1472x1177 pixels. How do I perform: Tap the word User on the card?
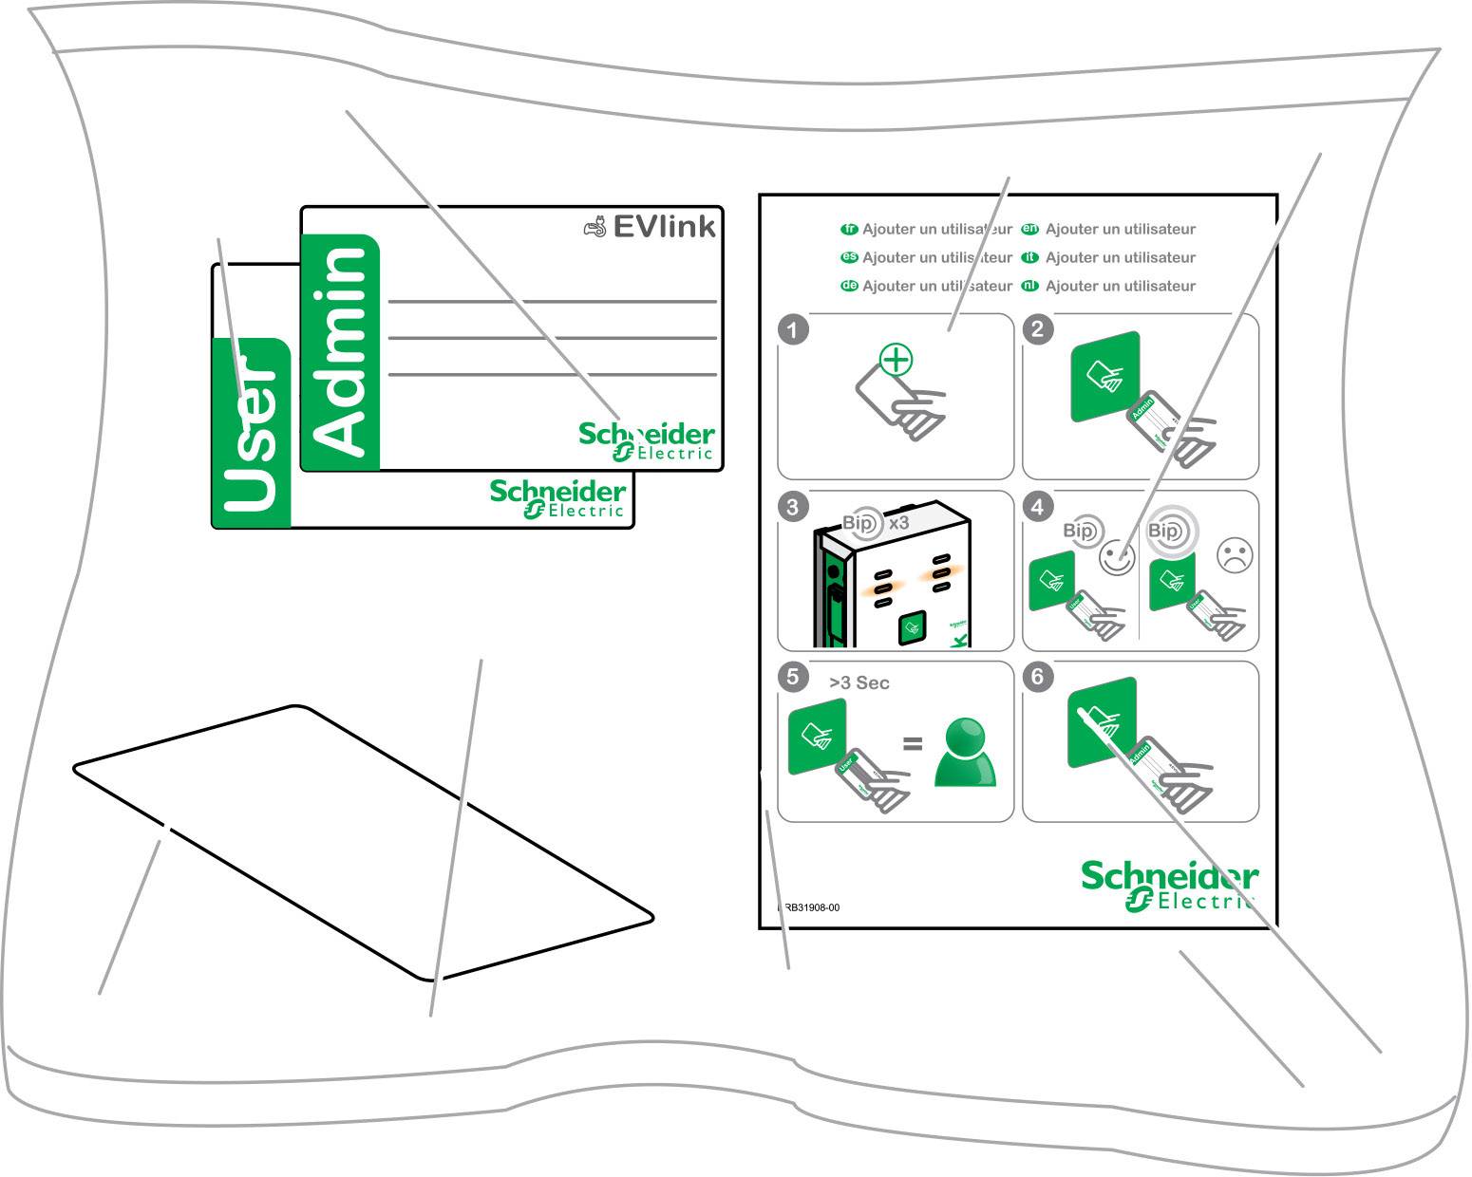(x=250, y=433)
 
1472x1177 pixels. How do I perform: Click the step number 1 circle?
(x=793, y=330)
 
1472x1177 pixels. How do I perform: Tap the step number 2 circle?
(x=1037, y=330)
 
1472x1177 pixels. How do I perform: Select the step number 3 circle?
(x=793, y=507)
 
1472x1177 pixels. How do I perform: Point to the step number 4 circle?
(x=1037, y=507)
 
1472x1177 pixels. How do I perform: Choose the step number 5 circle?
(x=793, y=677)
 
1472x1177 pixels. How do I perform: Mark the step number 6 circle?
(x=1037, y=677)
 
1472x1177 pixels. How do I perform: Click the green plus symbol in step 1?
(x=896, y=361)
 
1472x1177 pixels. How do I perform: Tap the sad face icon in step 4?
(x=1235, y=556)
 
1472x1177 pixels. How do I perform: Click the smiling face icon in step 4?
(x=1117, y=557)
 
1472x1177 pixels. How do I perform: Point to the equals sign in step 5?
(x=912, y=744)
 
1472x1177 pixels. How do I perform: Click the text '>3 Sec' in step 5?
(x=859, y=683)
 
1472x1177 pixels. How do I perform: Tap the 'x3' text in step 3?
(x=898, y=523)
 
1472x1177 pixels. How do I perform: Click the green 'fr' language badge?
(x=850, y=229)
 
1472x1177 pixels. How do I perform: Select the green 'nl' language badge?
(x=1029, y=286)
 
